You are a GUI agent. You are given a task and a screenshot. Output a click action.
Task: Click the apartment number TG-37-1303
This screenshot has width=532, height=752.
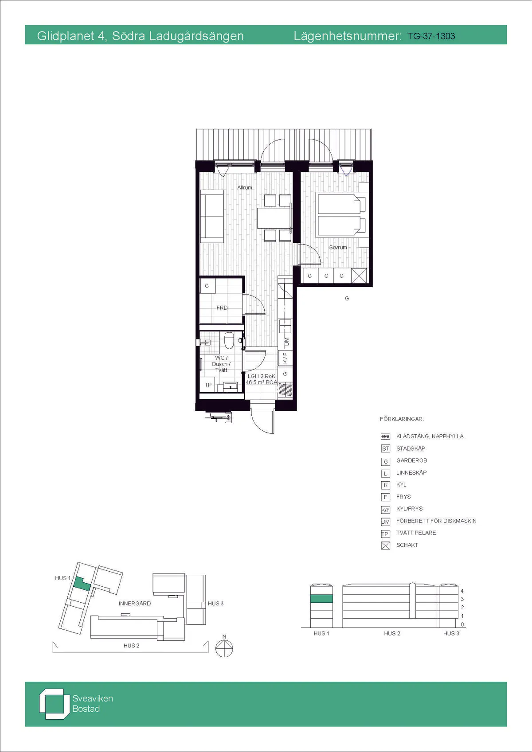coord(431,36)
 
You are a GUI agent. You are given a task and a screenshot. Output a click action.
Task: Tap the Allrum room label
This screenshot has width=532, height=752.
coord(245,187)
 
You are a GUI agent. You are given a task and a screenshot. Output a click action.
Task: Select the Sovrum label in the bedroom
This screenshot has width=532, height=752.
coord(338,247)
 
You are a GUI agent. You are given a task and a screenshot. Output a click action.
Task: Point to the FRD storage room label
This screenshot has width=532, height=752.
coord(222,308)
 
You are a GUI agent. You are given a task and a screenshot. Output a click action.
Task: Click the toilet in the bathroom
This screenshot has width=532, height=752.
coord(229,341)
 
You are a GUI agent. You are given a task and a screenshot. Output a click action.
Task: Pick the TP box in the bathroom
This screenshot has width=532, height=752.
coord(208,385)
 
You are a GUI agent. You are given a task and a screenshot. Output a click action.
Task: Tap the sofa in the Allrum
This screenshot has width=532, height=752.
coord(212,217)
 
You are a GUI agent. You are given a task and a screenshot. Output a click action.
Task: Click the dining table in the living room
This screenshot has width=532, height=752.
coord(274,218)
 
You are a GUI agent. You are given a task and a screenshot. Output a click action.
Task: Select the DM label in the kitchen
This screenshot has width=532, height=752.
coord(286,342)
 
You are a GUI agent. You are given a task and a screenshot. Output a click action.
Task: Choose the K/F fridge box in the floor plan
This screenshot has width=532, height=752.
coord(285,358)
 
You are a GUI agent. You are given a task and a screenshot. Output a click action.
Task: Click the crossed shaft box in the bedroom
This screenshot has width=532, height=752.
coord(360,276)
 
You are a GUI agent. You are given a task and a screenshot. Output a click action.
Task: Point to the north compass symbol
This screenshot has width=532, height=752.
coord(224,647)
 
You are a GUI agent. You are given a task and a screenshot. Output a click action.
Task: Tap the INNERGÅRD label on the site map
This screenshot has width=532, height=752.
coord(135,603)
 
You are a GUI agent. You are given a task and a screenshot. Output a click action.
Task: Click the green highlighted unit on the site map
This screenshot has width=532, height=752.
coord(82,584)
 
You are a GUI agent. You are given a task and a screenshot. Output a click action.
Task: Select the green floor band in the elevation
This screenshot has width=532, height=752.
coord(321,598)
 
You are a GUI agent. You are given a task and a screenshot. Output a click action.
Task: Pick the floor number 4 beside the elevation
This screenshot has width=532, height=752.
coord(462,591)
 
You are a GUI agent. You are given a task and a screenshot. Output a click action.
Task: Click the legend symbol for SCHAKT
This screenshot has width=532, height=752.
coord(386,545)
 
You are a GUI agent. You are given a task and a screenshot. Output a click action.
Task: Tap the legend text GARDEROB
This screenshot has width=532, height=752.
coord(412,460)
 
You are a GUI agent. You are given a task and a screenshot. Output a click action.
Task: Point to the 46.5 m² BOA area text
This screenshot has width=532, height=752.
coord(262,382)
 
